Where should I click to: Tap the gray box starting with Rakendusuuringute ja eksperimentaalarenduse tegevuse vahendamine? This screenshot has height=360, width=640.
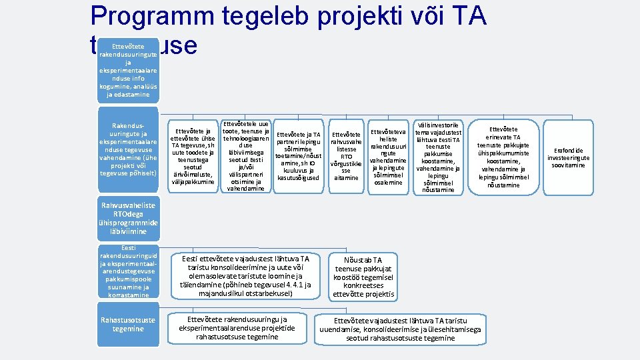point(128,151)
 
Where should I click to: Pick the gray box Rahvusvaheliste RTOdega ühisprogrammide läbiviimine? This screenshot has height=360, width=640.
point(128,219)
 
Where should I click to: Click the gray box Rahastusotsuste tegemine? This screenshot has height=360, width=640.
point(128,325)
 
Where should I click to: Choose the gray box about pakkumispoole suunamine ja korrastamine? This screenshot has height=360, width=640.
point(128,273)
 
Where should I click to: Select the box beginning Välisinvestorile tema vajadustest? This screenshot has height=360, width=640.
point(437,157)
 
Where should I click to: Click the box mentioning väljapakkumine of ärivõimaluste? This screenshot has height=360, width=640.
point(193,156)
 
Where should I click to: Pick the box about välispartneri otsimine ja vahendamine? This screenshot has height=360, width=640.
point(245,156)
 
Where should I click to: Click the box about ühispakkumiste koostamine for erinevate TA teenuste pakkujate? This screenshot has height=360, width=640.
point(503,157)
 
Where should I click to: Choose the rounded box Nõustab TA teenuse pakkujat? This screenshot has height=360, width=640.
point(363,277)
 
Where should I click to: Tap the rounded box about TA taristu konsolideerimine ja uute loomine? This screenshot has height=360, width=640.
point(245,276)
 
